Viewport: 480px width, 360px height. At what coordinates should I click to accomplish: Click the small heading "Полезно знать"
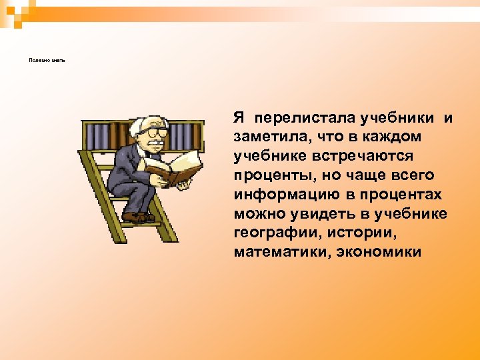click(47, 60)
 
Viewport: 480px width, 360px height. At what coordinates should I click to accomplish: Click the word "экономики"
click(380, 252)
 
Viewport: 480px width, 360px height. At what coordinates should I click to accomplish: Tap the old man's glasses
click(155, 131)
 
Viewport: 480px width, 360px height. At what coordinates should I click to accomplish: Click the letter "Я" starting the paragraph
click(239, 118)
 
